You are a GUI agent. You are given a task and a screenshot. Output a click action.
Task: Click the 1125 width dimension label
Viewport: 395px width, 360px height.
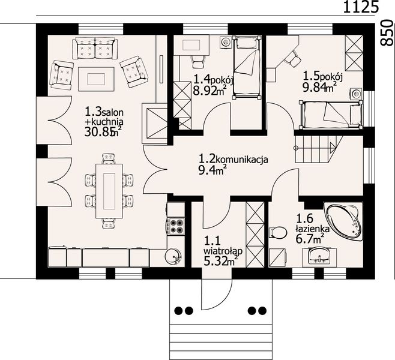(x=361, y=7)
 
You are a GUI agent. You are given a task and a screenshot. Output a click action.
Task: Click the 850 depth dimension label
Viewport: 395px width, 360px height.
(x=387, y=33)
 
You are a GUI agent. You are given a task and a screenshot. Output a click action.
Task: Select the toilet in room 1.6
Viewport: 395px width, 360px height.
(x=278, y=232)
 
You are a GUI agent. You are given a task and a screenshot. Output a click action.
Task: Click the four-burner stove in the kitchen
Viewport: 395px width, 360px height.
(x=176, y=226)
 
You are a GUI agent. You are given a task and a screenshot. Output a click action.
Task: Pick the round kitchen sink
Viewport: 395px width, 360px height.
(x=173, y=256)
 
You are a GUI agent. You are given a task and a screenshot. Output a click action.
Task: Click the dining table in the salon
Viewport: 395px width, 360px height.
(x=109, y=191)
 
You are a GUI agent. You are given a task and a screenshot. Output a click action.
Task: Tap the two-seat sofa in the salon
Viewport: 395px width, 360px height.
(x=95, y=49)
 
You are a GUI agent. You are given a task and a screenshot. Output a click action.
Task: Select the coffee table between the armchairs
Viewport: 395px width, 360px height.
(x=96, y=79)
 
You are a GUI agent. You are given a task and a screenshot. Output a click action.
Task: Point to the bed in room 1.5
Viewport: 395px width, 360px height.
(x=331, y=114)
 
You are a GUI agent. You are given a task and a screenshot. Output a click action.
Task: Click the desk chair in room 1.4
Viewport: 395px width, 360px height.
(x=198, y=62)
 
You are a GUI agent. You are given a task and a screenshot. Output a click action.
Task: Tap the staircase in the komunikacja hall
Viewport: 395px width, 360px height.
(x=318, y=149)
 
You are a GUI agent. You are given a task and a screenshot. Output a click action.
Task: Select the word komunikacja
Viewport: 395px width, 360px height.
(x=242, y=160)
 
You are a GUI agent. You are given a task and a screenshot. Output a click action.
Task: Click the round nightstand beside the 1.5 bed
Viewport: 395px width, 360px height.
(x=356, y=94)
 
